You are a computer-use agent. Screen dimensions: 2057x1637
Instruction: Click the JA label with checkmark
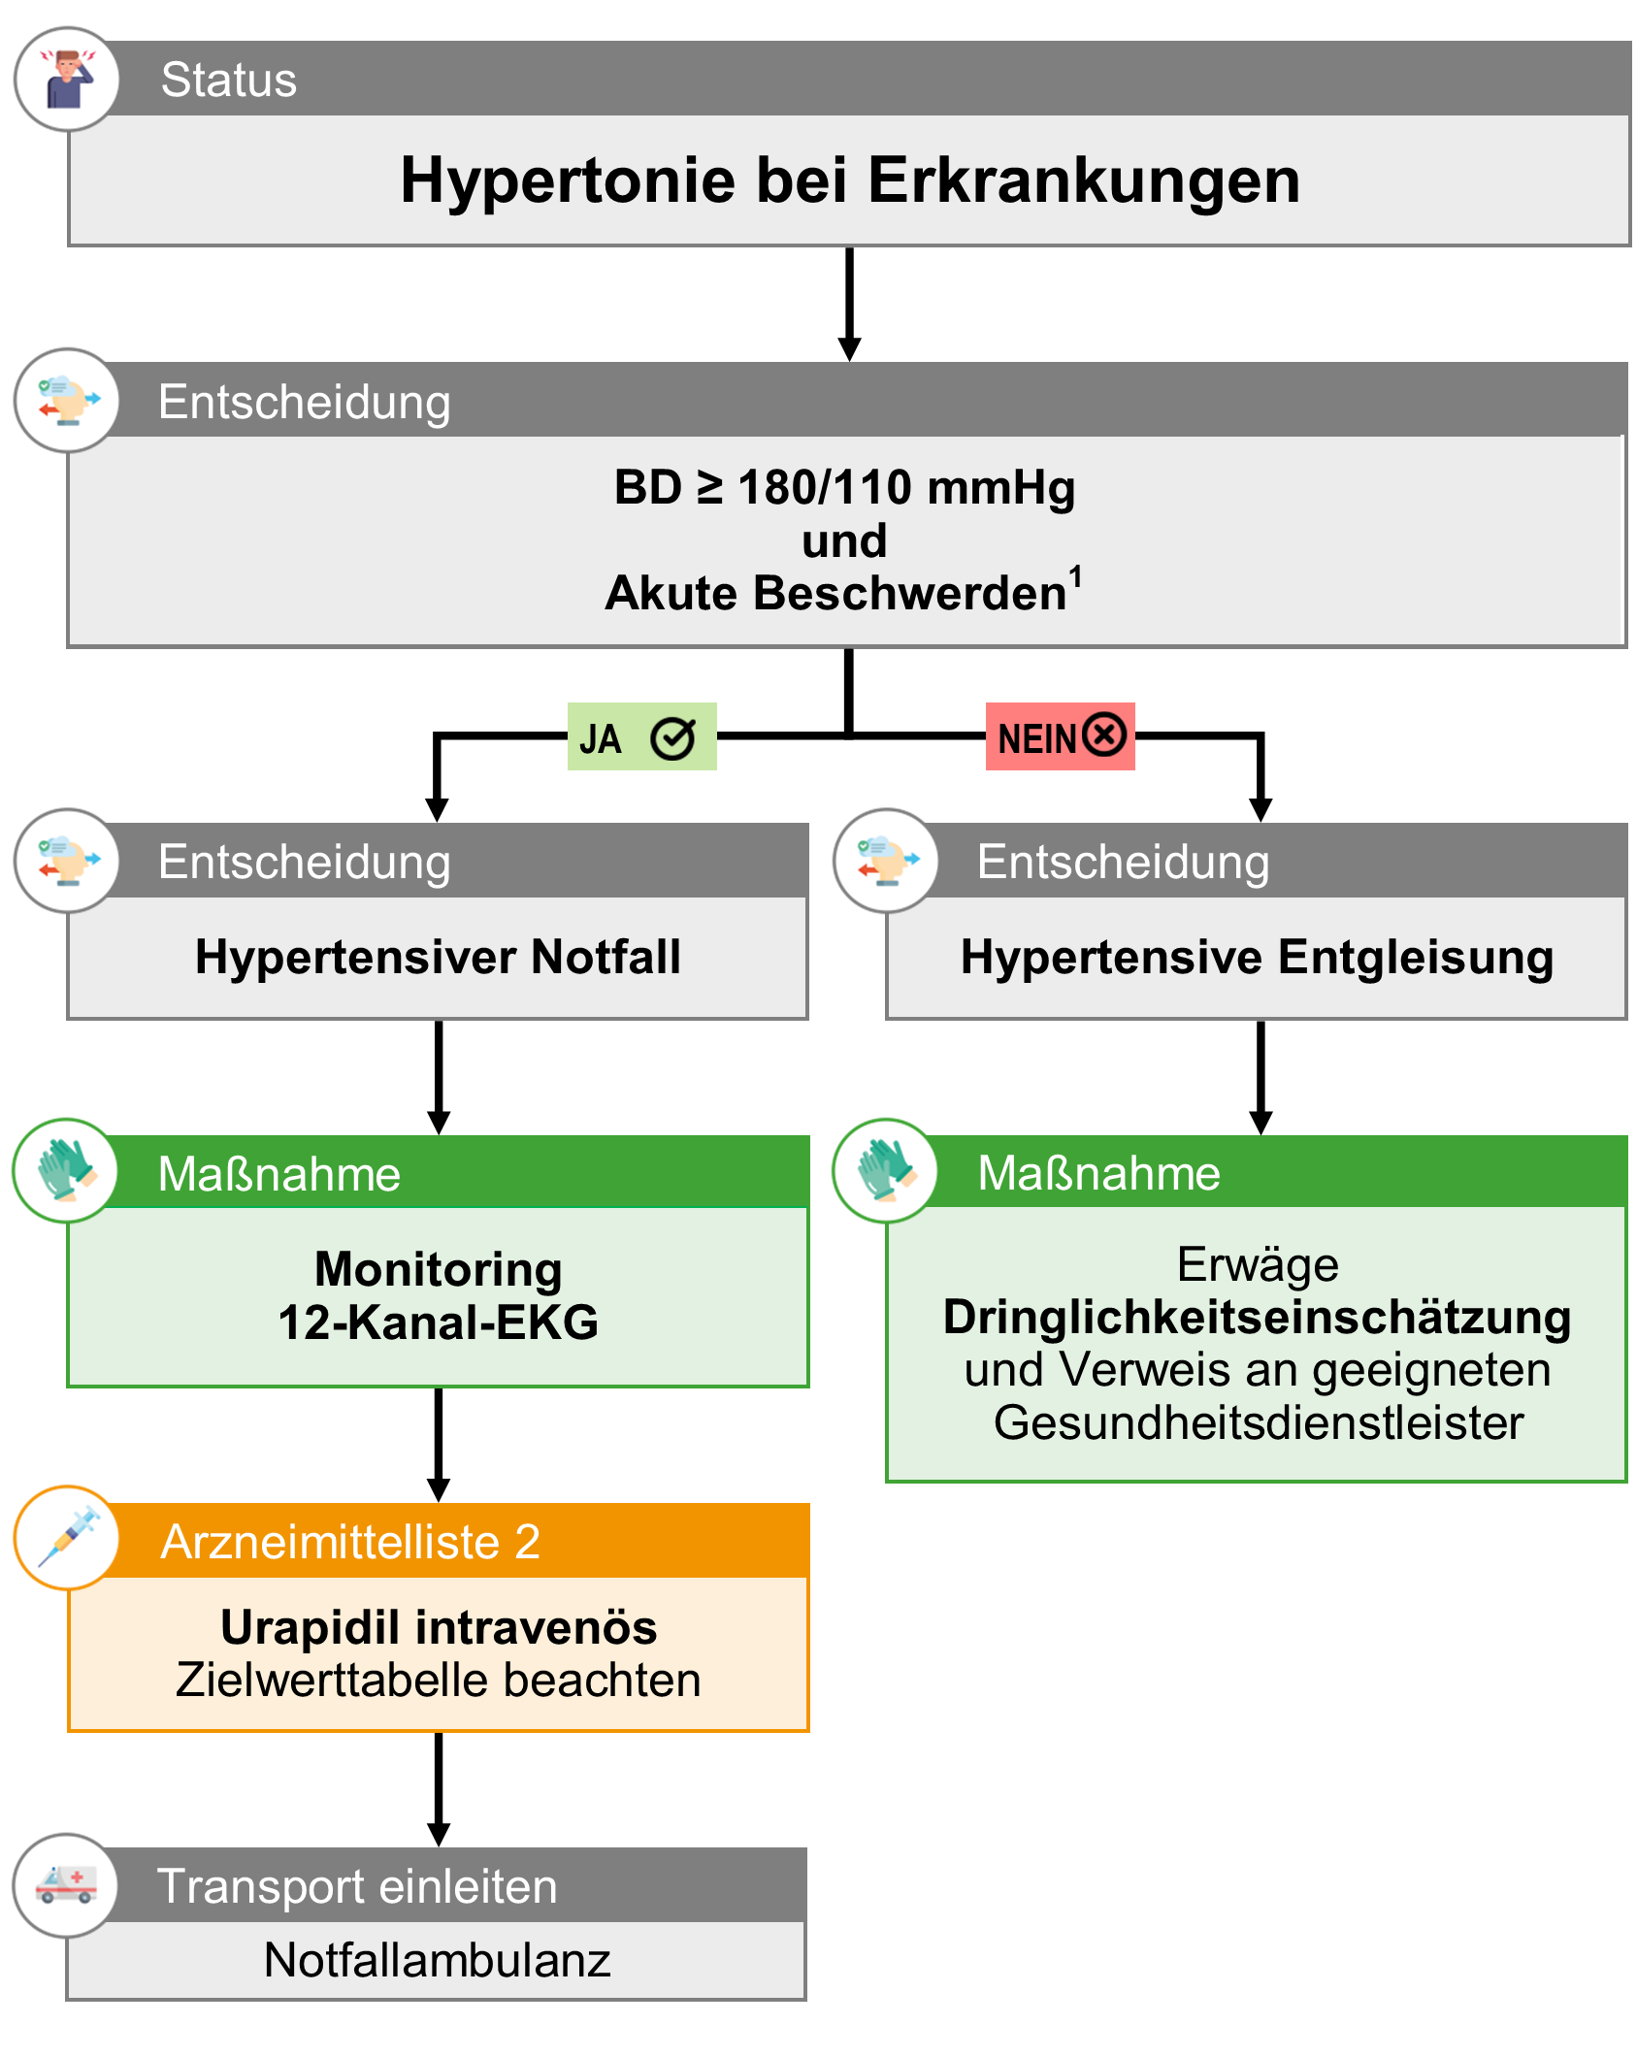coord(641,737)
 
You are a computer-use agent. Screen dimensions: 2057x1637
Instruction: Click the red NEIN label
coord(1060,737)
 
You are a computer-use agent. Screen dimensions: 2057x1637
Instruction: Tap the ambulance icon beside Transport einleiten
coord(66,1884)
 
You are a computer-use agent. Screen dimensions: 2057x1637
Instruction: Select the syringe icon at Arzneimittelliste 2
coord(67,1537)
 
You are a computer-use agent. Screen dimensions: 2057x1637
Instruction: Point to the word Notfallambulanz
coord(437,1960)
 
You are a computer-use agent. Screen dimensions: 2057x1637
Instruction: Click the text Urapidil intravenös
coord(439,1627)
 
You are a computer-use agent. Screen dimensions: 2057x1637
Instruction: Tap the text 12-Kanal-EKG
coord(439,1322)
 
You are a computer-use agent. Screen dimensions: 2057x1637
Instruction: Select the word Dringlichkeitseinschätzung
coord(1257,1318)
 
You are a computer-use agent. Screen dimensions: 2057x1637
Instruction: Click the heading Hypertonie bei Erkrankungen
coord(850,180)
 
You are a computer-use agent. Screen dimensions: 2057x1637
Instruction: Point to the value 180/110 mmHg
coord(905,487)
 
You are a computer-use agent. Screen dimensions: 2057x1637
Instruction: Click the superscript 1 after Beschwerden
coord(1075,576)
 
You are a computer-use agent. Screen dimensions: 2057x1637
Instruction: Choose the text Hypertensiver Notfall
coord(438,957)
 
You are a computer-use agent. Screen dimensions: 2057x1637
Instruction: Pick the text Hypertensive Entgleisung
coord(1257,957)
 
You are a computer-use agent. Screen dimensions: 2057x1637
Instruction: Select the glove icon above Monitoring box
coord(66,1170)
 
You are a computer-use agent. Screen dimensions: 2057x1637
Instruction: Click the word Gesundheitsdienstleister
coord(1259,1422)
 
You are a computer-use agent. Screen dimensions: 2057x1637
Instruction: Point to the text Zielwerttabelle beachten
coord(439,1681)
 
